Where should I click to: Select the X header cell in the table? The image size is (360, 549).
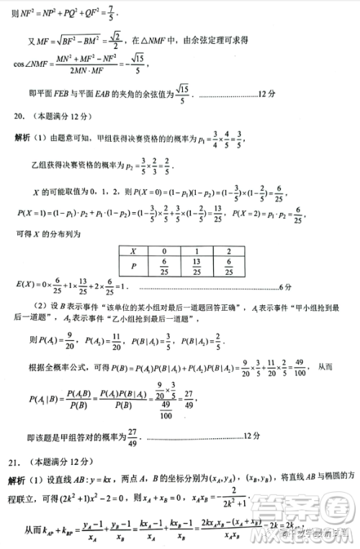coord(132,251)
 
